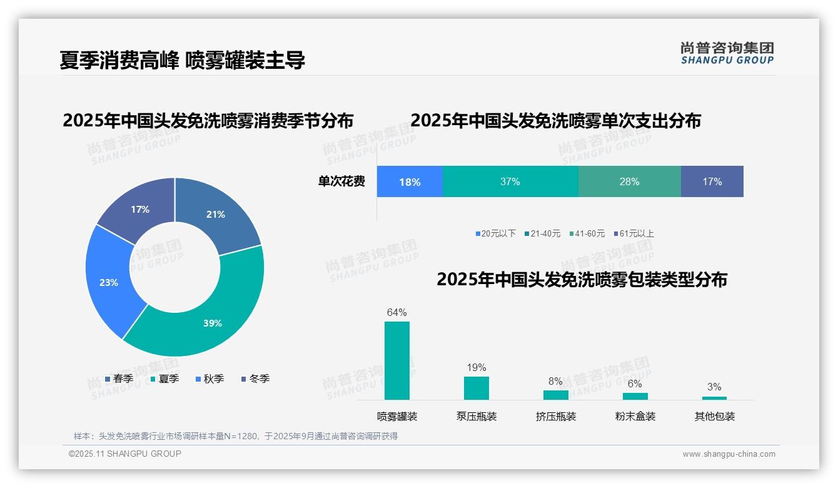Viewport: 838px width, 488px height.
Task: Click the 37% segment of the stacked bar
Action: tap(510, 181)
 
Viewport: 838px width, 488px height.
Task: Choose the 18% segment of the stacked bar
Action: tap(410, 181)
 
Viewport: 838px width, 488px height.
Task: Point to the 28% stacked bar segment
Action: tap(629, 181)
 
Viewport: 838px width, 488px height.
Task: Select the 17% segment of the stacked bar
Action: tap(712, 181)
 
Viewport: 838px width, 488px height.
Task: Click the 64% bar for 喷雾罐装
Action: tap(397, 360)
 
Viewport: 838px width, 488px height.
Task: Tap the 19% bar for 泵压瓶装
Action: tap(477, 388)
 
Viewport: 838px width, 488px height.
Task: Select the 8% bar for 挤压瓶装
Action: tap(556, 395)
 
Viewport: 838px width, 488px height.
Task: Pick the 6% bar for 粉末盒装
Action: tap(635, 396)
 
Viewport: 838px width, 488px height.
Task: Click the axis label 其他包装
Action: tap(715, 416)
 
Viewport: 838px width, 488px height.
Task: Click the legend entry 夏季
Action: tap(165, 379)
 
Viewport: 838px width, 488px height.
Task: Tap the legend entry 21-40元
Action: tap(542, 233)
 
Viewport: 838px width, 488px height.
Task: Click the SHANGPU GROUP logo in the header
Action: tap(727, 53)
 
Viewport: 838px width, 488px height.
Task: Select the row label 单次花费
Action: tap(341, 181)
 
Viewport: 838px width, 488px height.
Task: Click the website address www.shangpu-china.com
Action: tap(729, 454)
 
